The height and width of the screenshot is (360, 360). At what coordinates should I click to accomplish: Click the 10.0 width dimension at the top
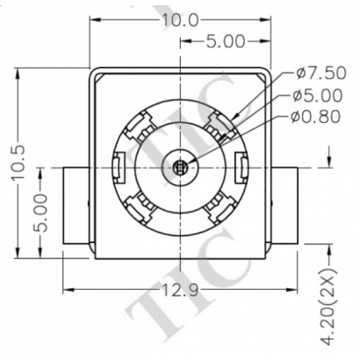pos(180,19)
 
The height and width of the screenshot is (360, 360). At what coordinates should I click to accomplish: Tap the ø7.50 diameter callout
pos(323,73)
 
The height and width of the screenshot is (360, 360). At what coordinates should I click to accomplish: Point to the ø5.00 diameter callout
pos(323,95)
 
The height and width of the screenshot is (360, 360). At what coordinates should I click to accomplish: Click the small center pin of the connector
pos(181,166)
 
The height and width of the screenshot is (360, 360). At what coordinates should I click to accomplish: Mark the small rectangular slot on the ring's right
pos(241,165)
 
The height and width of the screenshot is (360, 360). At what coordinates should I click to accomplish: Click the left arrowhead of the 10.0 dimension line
pos(95,19)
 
